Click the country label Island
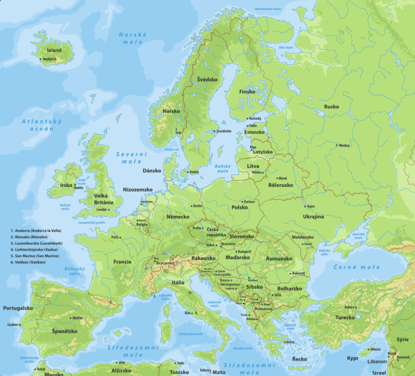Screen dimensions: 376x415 pos(54,50)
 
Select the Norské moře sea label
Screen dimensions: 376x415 pos(133,38)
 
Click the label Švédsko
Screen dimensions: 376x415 pos(207,79)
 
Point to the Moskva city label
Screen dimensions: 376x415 pos(344,145)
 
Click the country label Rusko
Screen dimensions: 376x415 pos(331,107)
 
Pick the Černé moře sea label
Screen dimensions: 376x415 pos(357,267)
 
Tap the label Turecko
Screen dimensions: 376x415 pos(345,317)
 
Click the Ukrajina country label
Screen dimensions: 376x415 pos(313,217)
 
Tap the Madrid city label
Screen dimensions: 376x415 pos(77,318)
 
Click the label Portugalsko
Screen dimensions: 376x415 pos(18,308)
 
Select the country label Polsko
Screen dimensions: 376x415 pos(240,207)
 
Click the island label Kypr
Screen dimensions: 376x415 pos(353,358)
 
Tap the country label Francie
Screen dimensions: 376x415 pos(122,261)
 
